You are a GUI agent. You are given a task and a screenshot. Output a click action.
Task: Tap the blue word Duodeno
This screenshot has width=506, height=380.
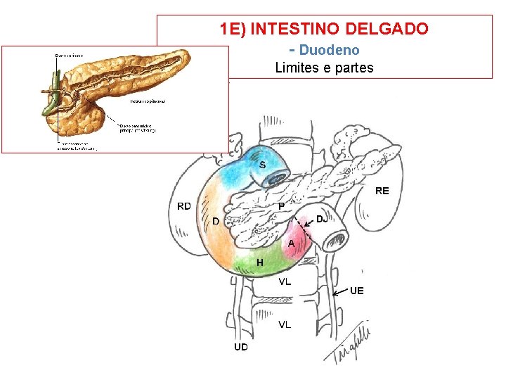(x=329, y=50)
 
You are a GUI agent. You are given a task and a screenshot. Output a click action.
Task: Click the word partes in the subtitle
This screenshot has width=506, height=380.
(x=353, y=68)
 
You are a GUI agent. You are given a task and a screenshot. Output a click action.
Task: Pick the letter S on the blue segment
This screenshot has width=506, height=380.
(x=262, y=165)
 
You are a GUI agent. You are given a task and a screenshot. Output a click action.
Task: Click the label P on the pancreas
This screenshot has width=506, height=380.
(x=280, y=206)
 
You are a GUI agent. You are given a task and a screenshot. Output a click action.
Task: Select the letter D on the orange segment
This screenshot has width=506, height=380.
(x=215, y=222)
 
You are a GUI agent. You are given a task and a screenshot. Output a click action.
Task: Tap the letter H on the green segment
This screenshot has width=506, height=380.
(x=260, y=262)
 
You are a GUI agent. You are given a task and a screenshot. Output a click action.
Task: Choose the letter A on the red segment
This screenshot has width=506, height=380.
(x=291, y=243)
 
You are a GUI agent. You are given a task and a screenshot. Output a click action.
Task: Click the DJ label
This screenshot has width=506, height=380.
(x=321, y=219)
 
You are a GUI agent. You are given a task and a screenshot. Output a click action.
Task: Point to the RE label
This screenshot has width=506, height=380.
(x=382, y=191)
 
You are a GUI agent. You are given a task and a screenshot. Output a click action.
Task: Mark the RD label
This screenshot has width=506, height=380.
(x=184, y=205)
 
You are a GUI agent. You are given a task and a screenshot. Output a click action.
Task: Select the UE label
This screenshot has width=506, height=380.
(x=357, y=290)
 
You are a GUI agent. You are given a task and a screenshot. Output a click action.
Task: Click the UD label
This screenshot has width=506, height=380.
(x=241, y=347)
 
